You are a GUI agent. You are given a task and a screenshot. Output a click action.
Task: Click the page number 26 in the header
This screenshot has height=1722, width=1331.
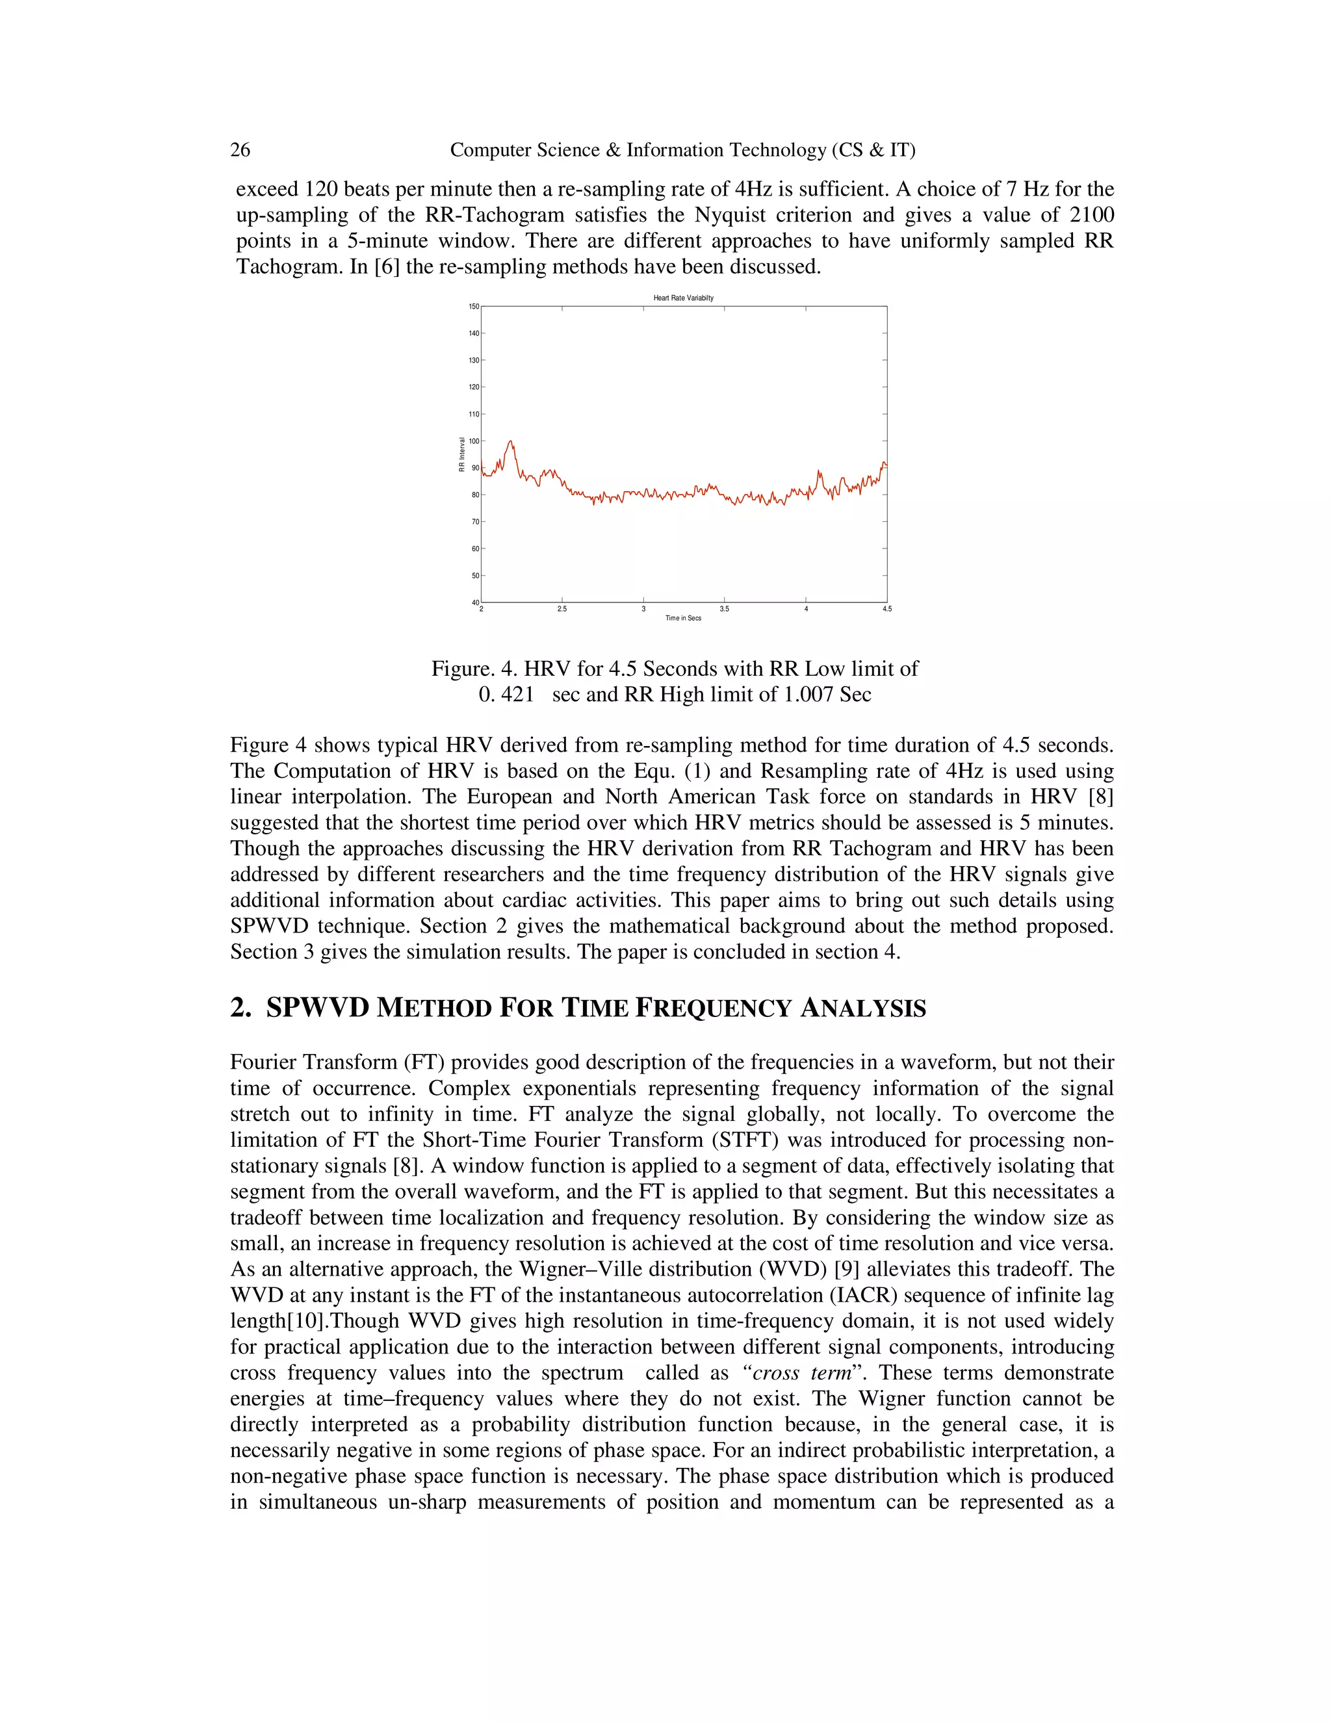point(240,150)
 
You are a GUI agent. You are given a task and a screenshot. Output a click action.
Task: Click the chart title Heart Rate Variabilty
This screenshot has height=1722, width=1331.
point(683,298)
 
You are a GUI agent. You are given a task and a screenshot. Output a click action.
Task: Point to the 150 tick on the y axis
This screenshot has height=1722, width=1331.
point(474,306)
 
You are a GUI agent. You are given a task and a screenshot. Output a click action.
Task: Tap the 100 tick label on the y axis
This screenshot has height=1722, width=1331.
point(474,441)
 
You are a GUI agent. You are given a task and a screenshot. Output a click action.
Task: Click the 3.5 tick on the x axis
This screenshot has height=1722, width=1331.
point(724,610)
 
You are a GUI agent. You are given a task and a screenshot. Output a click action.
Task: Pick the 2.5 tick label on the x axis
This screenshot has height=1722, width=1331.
point(562,610)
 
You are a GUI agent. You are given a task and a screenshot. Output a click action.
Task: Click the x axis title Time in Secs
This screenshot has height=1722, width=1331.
point(683,618)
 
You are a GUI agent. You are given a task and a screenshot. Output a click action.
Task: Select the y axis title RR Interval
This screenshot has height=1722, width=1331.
point(462,454)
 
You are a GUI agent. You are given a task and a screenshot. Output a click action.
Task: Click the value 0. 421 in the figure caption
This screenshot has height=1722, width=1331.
point(506,695)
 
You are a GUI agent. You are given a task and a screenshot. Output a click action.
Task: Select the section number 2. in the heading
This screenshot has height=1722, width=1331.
point(240,1008)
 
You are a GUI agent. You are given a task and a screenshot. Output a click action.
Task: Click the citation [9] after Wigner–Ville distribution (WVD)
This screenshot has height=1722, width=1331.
point(847,1270)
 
